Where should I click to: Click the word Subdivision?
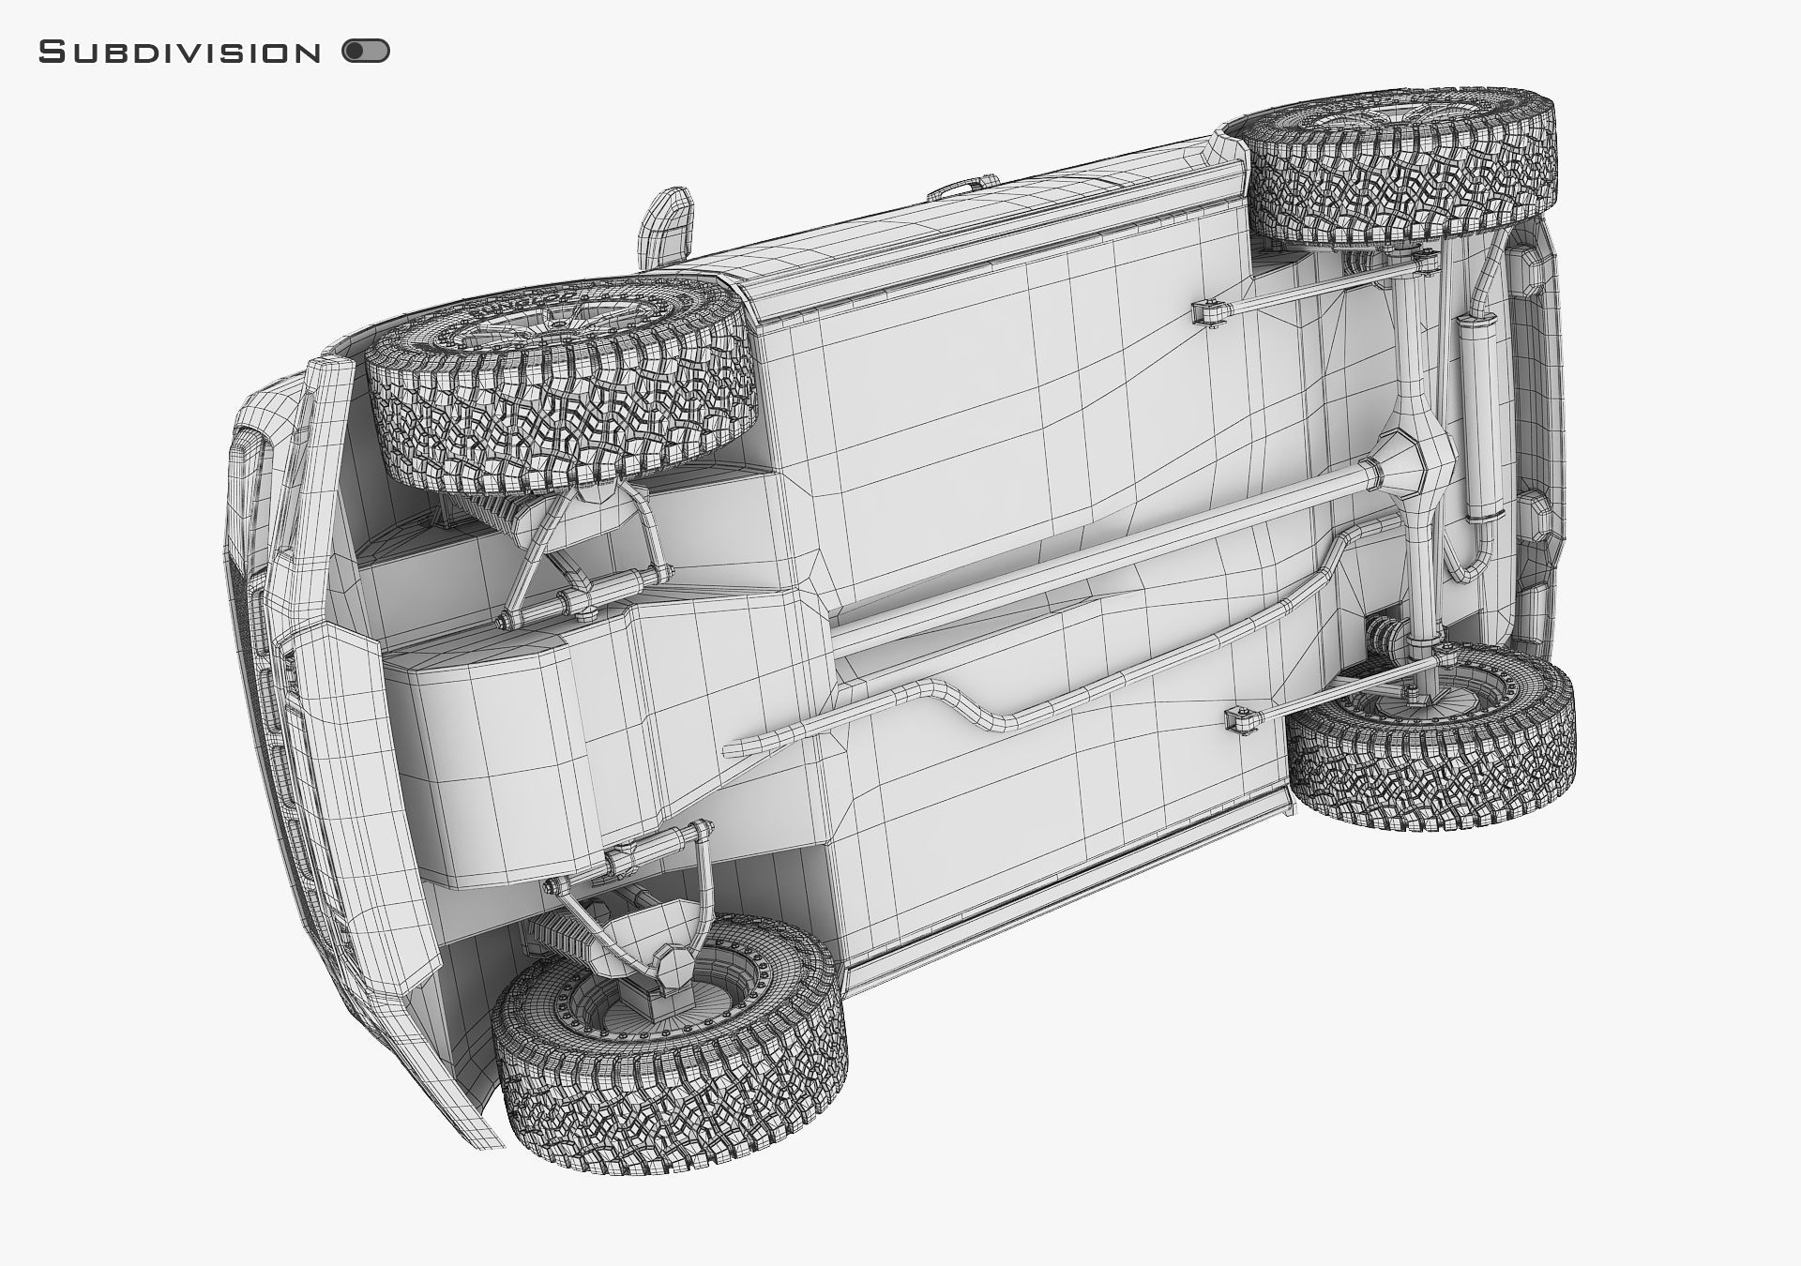[179, 53]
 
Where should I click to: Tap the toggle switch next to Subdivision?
[366, 52]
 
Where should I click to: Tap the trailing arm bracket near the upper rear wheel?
[1210, 314]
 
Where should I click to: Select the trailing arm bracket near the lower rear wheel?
[1243, 721]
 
